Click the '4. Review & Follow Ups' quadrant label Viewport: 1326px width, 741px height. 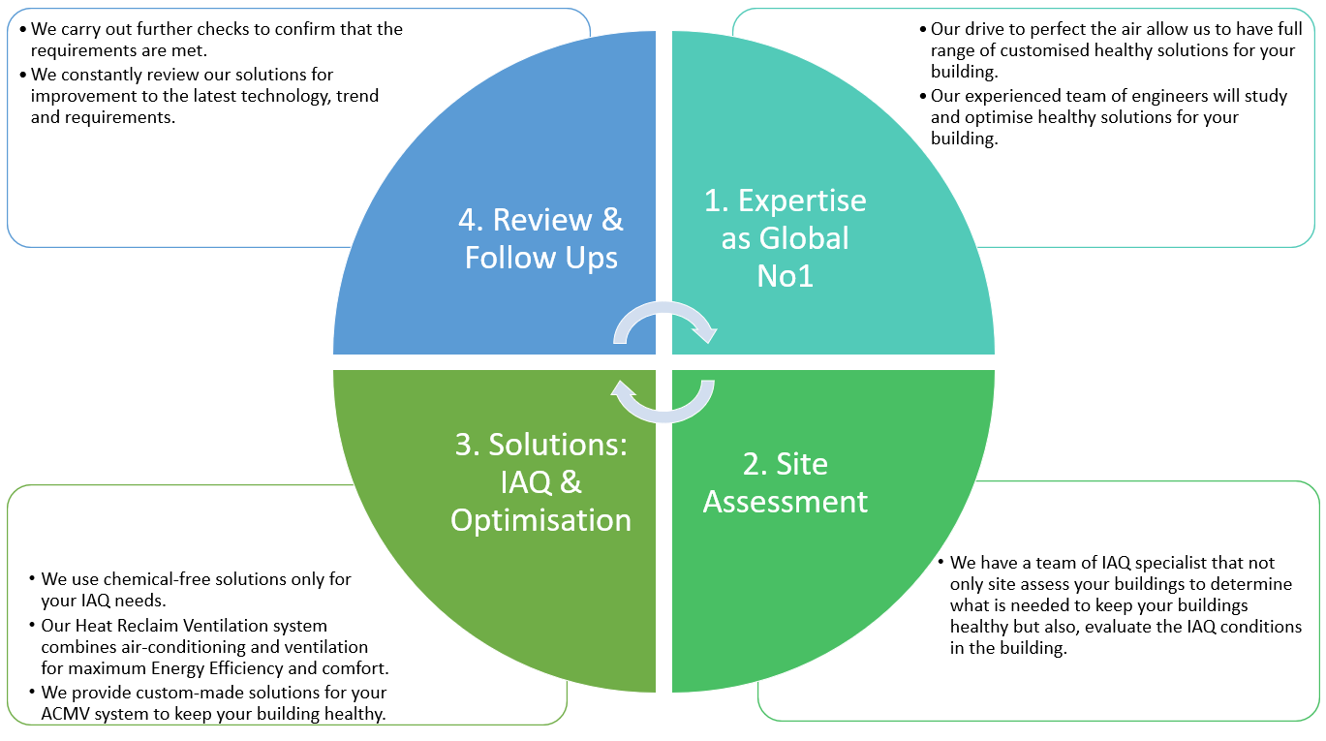[x=541, y=238]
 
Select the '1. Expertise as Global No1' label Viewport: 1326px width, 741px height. [x=785, y=238]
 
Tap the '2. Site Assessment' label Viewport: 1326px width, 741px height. [x=785, y=482]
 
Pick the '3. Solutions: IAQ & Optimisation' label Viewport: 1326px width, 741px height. [x=541, y=482]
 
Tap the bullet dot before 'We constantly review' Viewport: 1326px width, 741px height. [x=23, y=76]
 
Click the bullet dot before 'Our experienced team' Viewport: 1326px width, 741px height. [x=923, y=96]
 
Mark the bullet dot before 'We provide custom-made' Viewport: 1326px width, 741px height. [x=33, y=692]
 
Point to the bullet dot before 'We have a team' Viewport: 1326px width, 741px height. [x=941, y=561]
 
